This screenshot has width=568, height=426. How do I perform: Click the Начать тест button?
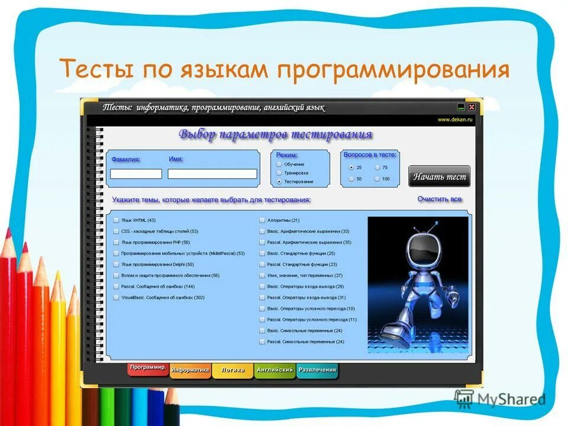tap(439, 176)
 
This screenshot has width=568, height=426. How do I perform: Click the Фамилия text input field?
tap(136, 174)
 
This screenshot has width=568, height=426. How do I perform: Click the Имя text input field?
tap(212, 174)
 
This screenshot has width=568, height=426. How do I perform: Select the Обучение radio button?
tap(279, 164)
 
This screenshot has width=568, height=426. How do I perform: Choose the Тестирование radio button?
tap(279, 181)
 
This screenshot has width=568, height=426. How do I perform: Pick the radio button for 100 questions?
tap(377, 179)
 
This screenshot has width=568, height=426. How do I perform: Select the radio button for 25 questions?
tap(351, 167)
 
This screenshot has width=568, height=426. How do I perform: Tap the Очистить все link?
tap(439, 199)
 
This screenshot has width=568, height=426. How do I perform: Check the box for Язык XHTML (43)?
tap(116, 220)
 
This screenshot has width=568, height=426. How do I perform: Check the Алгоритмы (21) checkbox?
tap(262, 220)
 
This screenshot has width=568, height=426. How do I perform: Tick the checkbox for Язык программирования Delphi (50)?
tap(116, 264)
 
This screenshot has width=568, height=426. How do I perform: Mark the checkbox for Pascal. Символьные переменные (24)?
tap(262, 342)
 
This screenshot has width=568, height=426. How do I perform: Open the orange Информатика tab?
tap(191, 370)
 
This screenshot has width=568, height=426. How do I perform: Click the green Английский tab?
tap(275, 370)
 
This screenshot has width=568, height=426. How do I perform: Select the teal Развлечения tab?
tap(317, 370)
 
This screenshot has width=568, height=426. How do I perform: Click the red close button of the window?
tap(472, 107)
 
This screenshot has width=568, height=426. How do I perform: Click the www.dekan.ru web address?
tap(455, 120)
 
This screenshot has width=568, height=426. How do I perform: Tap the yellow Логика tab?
tap(233, 370)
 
